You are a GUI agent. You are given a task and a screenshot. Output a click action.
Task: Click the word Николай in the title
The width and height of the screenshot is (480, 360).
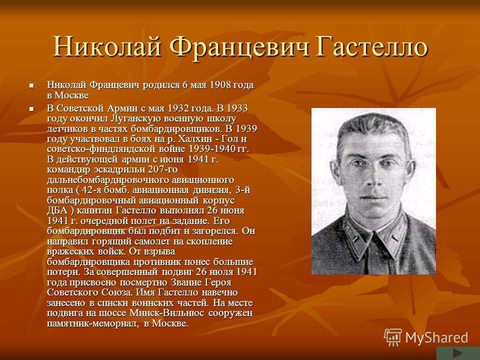[x=107, y=47]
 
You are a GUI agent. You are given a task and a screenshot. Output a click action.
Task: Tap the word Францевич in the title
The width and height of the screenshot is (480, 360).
[x=239, y=47]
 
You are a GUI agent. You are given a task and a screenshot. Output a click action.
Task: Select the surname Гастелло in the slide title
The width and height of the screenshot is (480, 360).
[x=371, y=47]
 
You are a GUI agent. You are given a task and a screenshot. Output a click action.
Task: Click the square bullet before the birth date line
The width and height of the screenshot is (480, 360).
[x=31, y=85]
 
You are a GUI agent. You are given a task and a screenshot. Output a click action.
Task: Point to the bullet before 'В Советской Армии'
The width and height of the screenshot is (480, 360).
[x=31, y=109]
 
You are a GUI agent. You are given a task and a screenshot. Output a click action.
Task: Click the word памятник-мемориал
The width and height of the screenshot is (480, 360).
[x=93, y=323]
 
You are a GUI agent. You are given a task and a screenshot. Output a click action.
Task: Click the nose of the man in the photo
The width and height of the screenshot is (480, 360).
[x=371, y=179]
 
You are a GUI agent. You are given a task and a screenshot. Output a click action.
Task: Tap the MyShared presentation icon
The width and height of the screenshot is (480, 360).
[x=393, y=337]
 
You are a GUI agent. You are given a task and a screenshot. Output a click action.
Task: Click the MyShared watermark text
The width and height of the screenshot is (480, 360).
[x=436, y=337]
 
